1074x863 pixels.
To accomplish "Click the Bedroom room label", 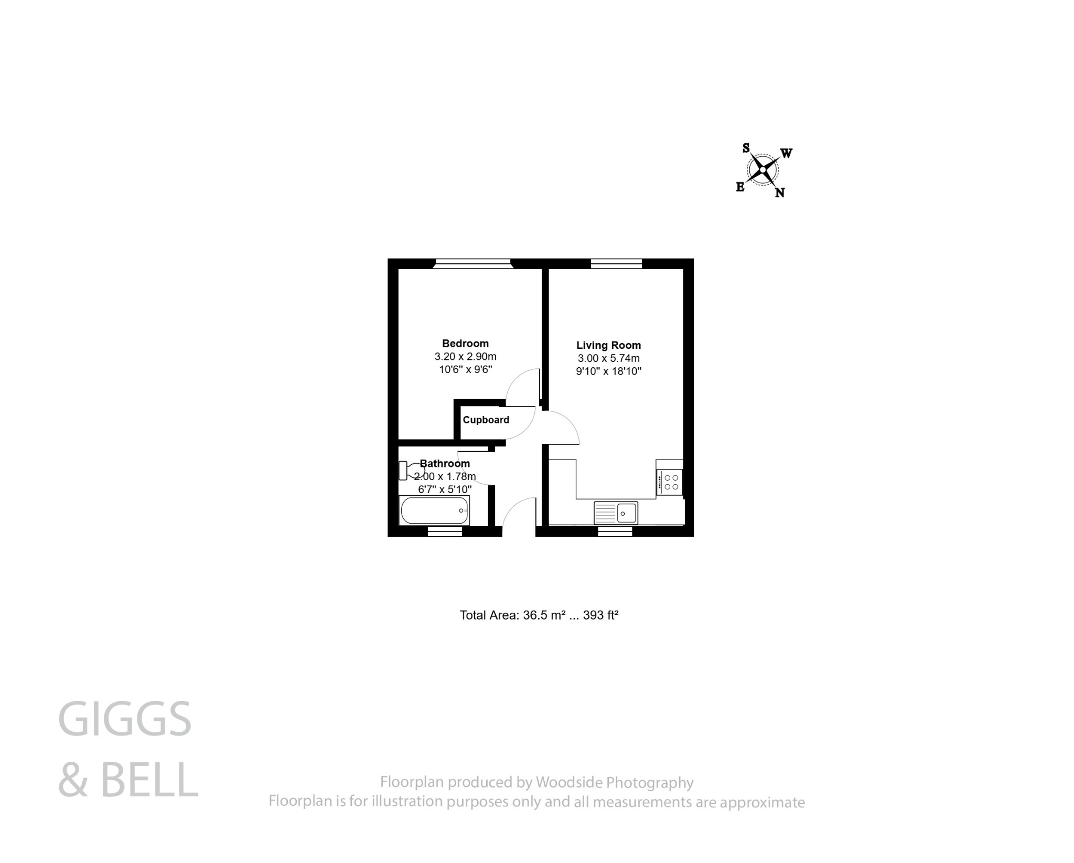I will click(465, 344).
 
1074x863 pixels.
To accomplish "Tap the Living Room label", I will click(608, 345).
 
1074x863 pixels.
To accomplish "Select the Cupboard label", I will click(486, 420).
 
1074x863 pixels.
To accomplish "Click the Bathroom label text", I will click(445, 463).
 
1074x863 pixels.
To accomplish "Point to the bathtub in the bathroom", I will click(434, 511).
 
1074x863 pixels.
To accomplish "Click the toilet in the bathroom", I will click(412, 470).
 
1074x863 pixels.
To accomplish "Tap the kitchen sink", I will click(616, 513).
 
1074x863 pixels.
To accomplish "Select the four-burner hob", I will click(670, 482).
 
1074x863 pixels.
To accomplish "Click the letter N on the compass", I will click(780, 193).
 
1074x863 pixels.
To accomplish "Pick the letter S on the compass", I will click(746, 148).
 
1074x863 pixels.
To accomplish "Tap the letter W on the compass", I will click(786, 153).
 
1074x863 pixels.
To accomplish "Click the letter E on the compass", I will click(740, 187).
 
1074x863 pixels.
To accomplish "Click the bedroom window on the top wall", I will click(472, 263).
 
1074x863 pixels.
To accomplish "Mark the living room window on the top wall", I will click(616, 263).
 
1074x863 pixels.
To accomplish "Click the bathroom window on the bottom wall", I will click(445, 531).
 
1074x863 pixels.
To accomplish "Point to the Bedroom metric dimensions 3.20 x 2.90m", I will click(465, 357).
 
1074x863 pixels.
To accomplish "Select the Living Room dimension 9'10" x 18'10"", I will click(608, 371).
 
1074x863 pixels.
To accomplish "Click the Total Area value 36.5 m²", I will click(544, 615).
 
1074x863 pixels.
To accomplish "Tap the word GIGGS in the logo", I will click(125, 719).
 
